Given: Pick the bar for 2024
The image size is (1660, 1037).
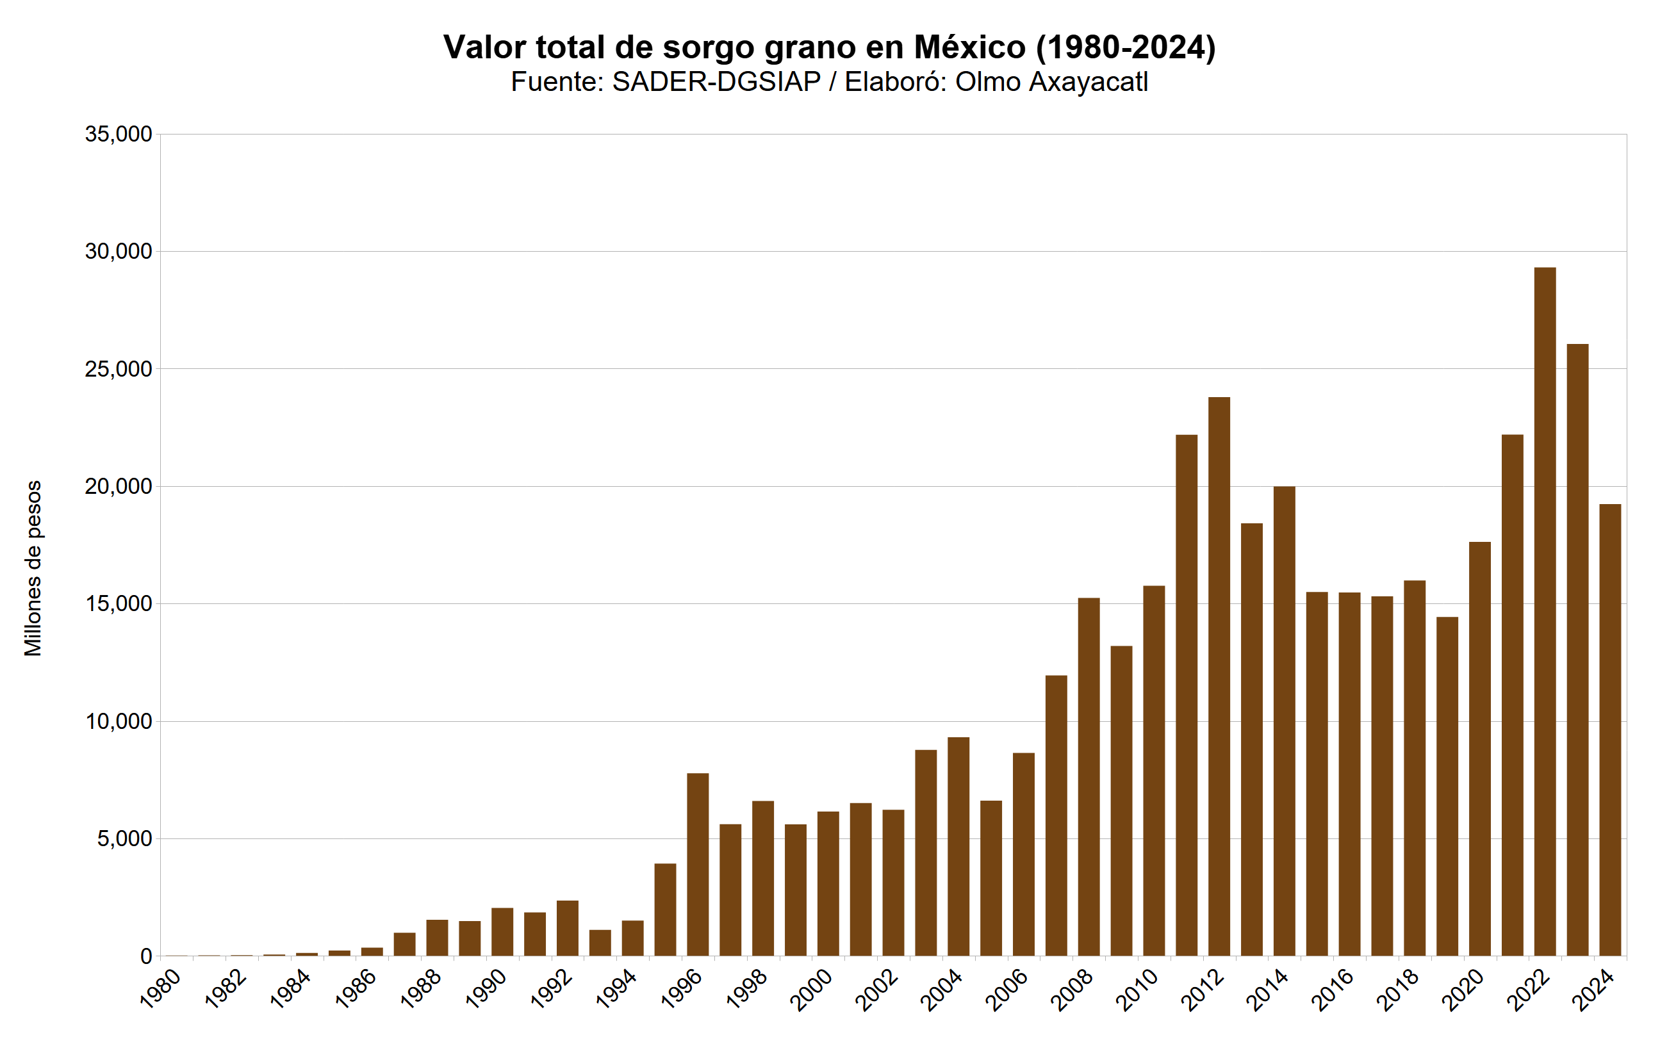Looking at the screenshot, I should pyautogui.click(x=1610, y=730).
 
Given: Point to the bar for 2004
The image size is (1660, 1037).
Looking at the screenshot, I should pyautogui.click(x=958, y=846).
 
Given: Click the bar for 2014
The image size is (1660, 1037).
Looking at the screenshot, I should pyautogui.click(x=1284, y=721).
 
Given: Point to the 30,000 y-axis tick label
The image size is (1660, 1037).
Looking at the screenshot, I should pyautogui.click(x=118, y=252).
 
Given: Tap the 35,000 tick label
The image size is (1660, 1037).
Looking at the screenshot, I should pyautogui.click(x=118, y=135).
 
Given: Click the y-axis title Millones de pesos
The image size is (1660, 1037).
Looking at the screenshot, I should pyautogui.click(x=33, y=568).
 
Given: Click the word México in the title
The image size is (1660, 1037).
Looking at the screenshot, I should pyautogui.click(x=969, y=47).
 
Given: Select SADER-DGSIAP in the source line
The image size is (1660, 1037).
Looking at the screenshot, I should pyautogui.click(x=716, y=81).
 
